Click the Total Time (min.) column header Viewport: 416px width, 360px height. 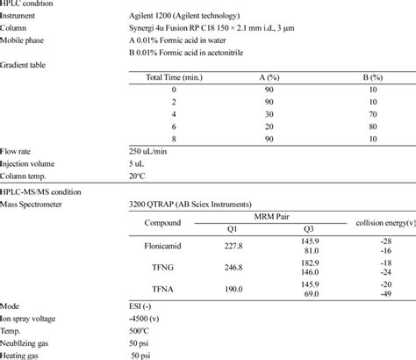[176, 78]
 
